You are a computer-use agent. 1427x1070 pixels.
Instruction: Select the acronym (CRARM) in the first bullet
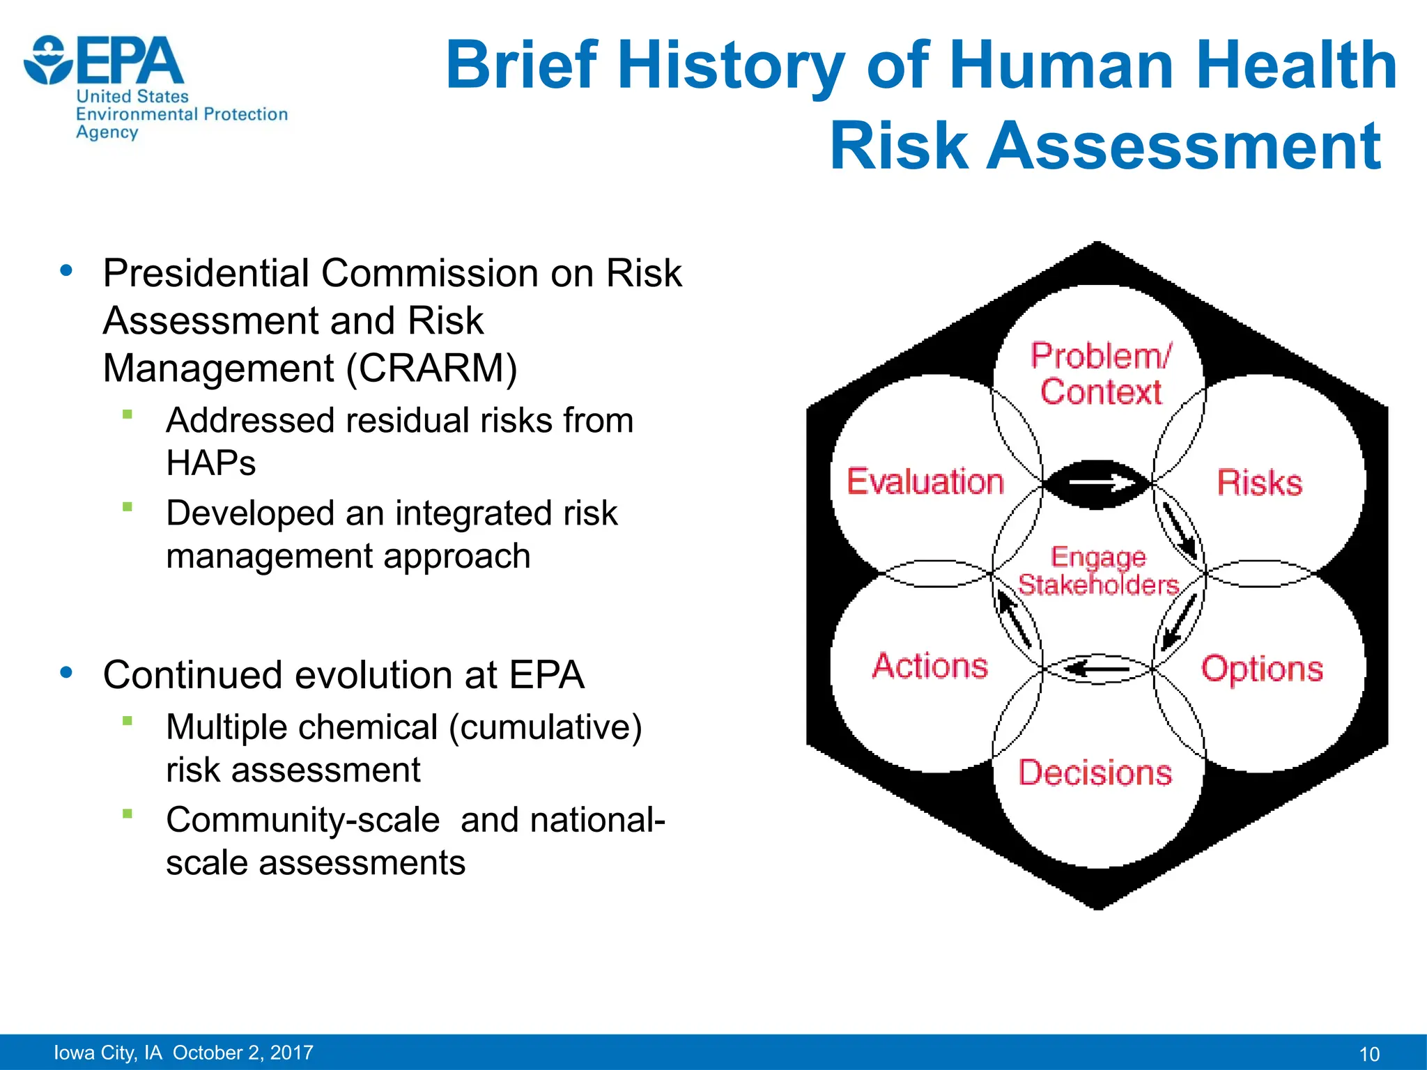point(431,368)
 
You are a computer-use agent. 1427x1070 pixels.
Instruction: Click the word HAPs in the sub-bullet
point(210,463)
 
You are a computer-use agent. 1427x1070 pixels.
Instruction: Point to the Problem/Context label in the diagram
point(1100,374)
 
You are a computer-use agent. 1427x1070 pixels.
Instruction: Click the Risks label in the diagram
point(1259,483)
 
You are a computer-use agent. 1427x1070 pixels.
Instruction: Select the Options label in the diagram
point(1261,669)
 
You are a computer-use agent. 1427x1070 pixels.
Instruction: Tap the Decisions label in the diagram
point(1095,773)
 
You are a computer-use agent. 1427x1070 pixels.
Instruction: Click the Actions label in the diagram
point(930,666)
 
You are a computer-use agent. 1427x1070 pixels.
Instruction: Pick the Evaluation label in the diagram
point(925,482)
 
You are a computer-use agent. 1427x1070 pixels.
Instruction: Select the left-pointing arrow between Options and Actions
point(1097,669)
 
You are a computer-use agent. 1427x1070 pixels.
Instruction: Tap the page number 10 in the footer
point(1369,1054)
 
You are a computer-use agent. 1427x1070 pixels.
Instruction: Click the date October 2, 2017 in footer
point(243,1053)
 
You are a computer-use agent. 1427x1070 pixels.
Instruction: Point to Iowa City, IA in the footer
point(107,1053)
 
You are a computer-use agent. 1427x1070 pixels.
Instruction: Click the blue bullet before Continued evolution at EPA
point(67,673)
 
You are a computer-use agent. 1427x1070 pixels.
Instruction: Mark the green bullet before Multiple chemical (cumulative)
point(127,721)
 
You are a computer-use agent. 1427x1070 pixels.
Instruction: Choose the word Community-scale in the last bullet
point(302,820)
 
